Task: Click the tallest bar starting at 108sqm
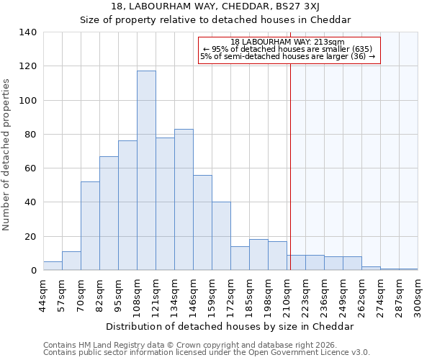pos(146,171)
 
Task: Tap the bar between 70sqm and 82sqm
pos(90,226)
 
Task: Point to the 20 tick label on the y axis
pos(30,237)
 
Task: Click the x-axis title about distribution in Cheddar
pos(229,325)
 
